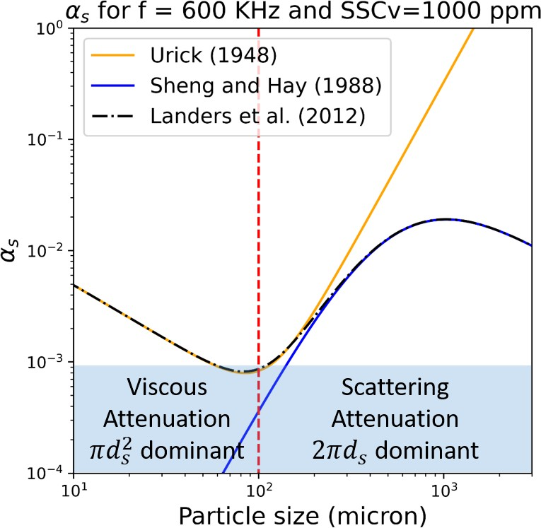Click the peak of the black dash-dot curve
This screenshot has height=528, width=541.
[x=444, y=219]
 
